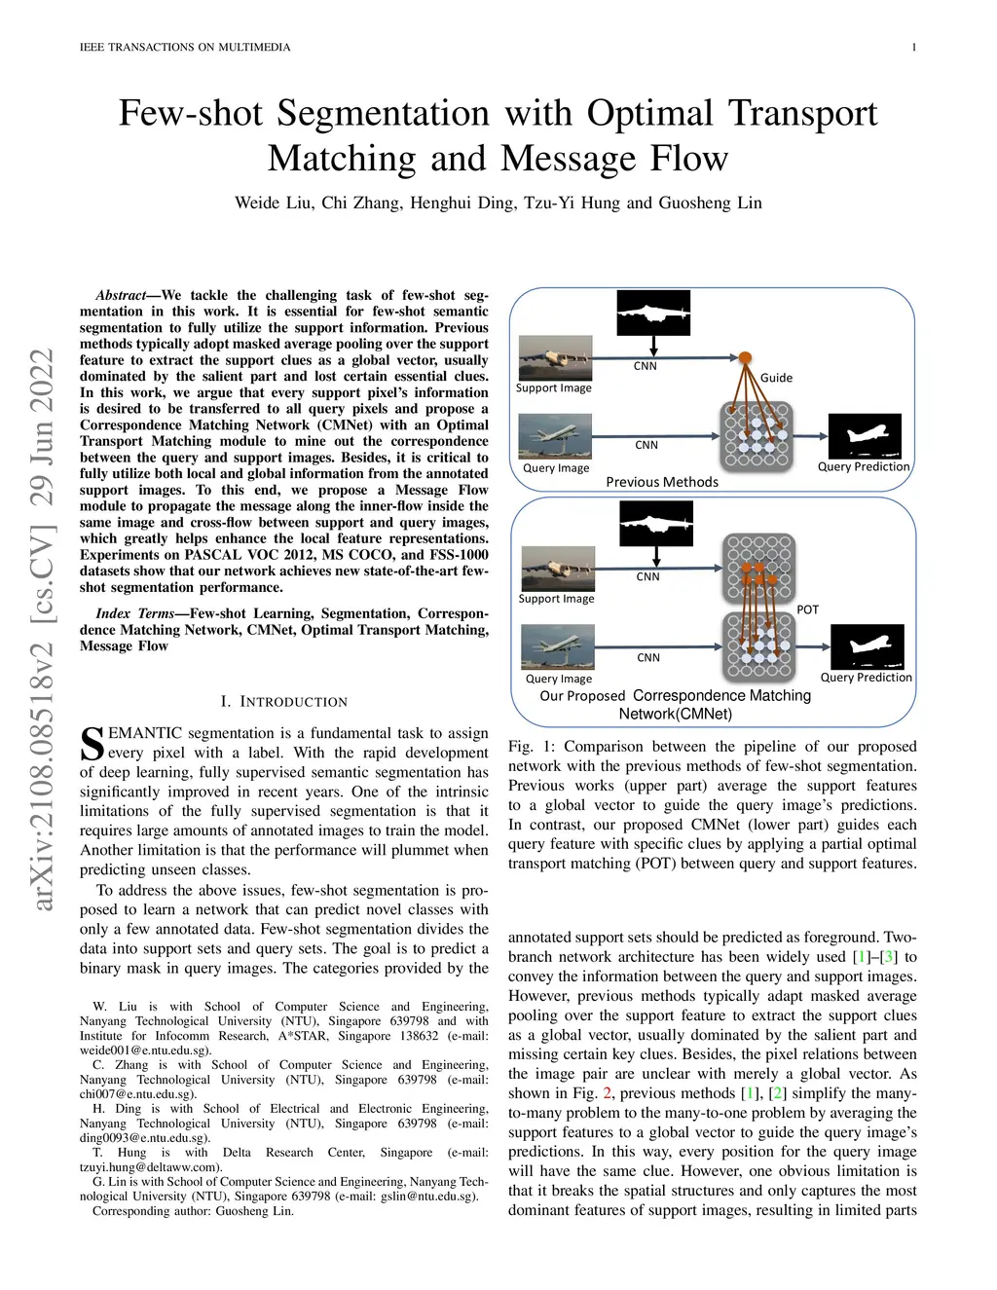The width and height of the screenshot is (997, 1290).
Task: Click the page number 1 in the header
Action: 913,47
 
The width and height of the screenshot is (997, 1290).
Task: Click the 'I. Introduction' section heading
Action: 283,701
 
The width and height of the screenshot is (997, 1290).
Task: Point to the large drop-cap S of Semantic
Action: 91,744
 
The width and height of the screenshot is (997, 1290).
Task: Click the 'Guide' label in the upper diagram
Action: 776,378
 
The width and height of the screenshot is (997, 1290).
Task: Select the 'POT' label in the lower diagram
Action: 807,609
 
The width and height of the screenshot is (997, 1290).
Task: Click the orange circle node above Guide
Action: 745,357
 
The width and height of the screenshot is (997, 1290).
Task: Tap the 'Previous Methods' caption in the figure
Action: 662,482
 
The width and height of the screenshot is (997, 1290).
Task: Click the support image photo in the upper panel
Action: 555,357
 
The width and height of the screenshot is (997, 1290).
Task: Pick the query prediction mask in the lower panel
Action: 867,646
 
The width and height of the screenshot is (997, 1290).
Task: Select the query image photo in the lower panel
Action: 557,647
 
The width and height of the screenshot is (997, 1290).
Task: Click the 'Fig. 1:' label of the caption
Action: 532,747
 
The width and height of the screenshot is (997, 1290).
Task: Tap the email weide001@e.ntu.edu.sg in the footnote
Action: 145,1050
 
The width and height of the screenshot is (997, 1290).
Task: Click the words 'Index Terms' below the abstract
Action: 134,613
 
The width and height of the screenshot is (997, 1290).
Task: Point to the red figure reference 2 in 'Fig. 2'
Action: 608,1093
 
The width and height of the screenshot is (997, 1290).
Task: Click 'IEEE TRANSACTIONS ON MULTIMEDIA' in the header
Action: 185,47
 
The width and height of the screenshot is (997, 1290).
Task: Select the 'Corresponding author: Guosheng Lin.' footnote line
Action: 193,1211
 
